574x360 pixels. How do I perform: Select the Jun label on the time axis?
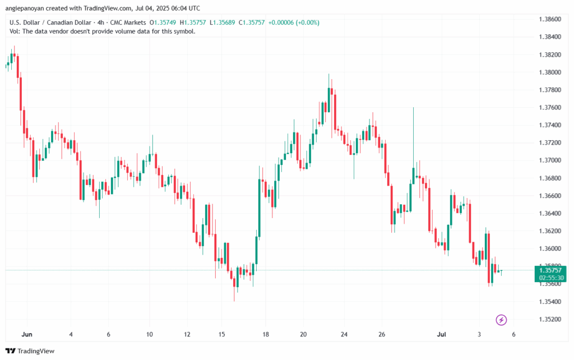pos(26,334)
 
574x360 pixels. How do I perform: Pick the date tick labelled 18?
pos(265,334)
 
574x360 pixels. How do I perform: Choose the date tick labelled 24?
pos(344,334)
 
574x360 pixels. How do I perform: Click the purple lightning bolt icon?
pos(501,320)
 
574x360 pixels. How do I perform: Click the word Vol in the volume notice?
pos(15,31)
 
